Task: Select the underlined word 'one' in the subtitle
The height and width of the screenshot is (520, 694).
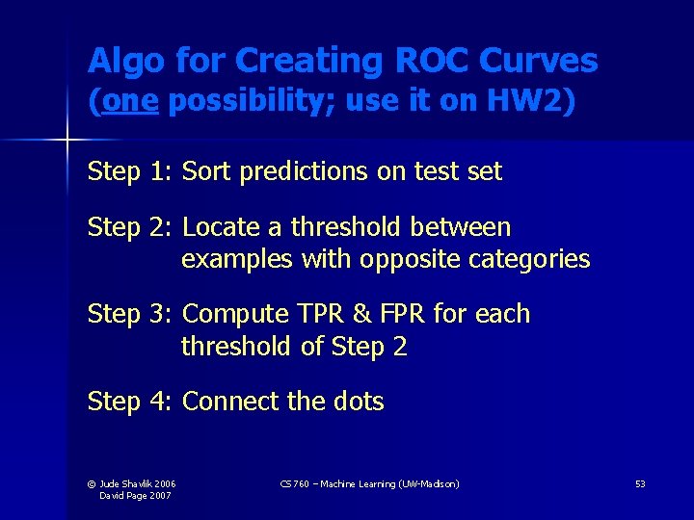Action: (128, 102)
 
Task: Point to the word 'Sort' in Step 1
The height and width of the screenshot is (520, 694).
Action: (207, 171)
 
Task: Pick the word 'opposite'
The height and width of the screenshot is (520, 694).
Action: (396, 259)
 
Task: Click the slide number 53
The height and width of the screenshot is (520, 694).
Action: (640, 483)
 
